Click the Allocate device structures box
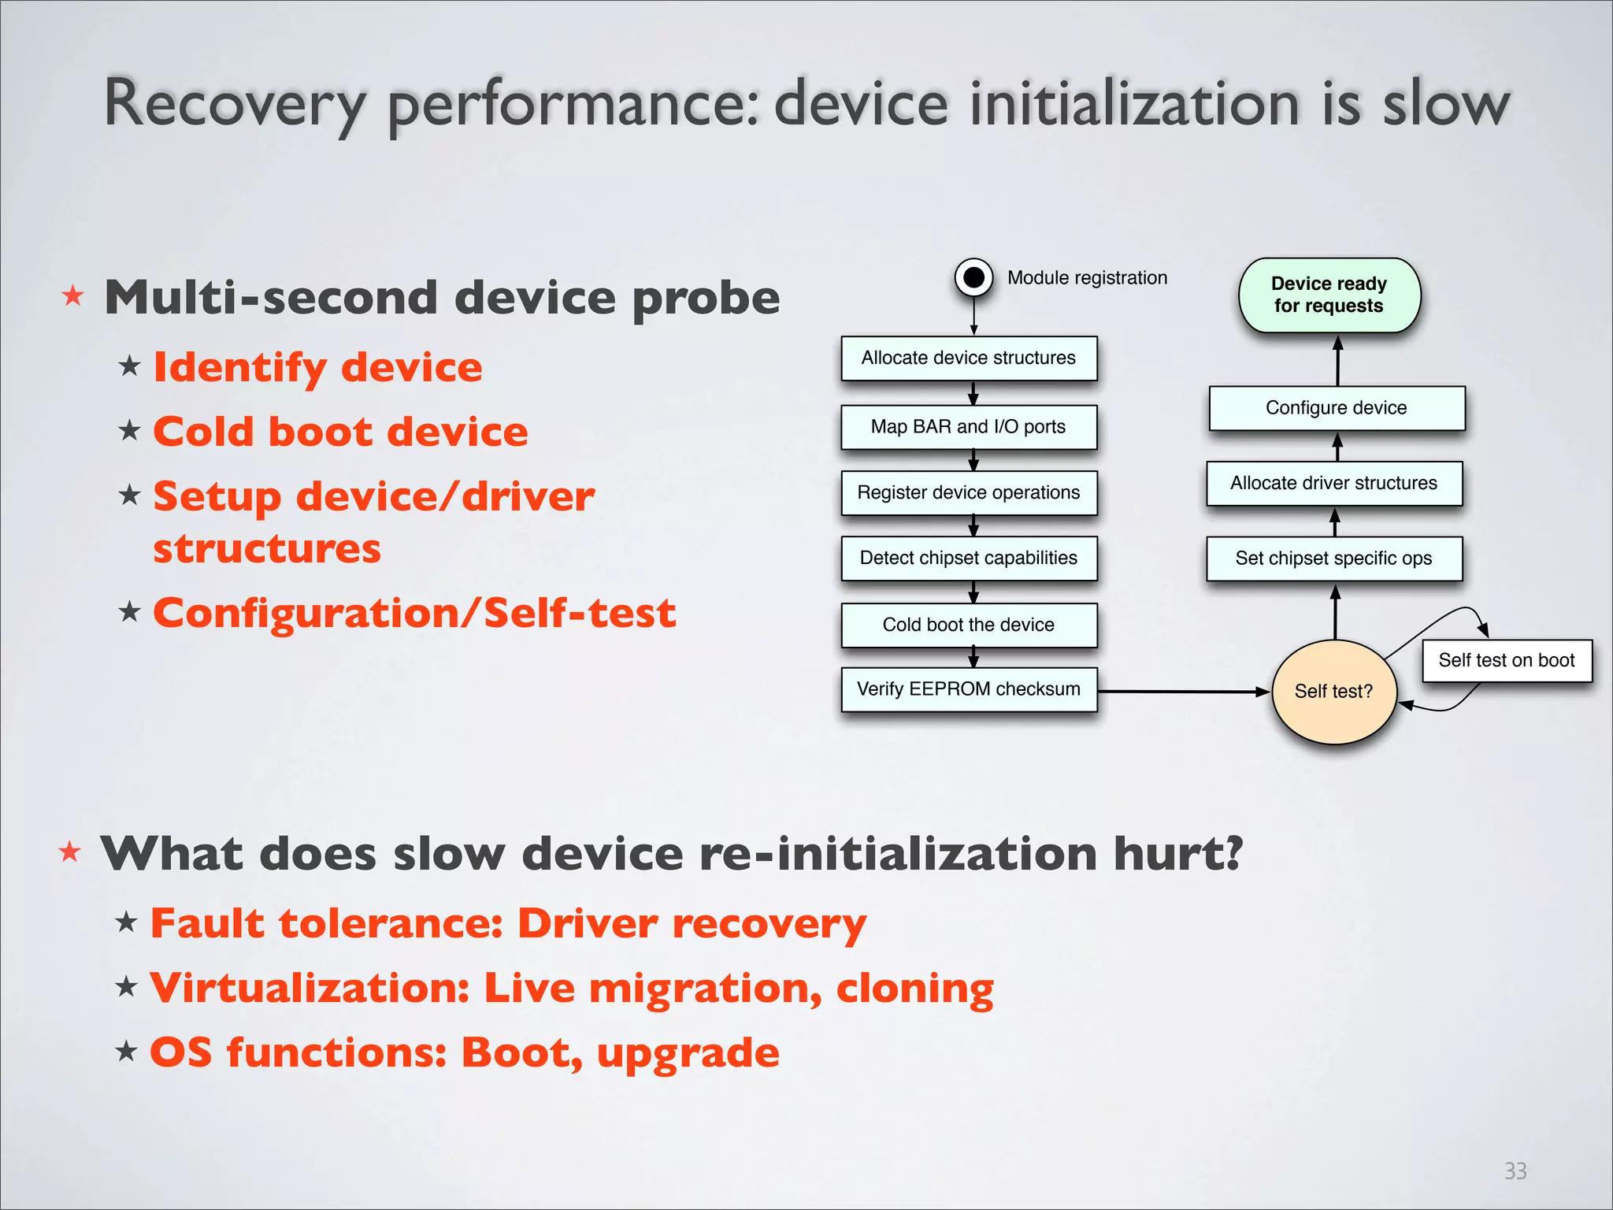click(x=968, y=358)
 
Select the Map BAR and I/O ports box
click(x=968, y=427)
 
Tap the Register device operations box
click(x=968, y=492)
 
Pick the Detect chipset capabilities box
click(x=968, y=559)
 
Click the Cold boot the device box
click(x=968, y=625)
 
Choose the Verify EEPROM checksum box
click(x=968, y=689)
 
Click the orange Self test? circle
click(x=1333, y=692)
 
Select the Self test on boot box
click(x=1506, y=660)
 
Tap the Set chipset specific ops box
click(x=1333, y=559)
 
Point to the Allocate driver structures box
click(x=1333, y=483)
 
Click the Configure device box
click(x=1336, y=408)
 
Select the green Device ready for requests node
click(x=1329, y=295)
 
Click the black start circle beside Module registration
click(x=973, y=277)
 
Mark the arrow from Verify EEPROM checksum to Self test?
click(x=1181, y=692)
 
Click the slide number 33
click(x=1515, y=1171)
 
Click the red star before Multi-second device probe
click(x=73, y=296)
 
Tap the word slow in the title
click(x=1446, y=103)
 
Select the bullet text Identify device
click(x=317, y=367)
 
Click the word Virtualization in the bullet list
click(x=310, y=988)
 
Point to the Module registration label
click(x=1087, y=278)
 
